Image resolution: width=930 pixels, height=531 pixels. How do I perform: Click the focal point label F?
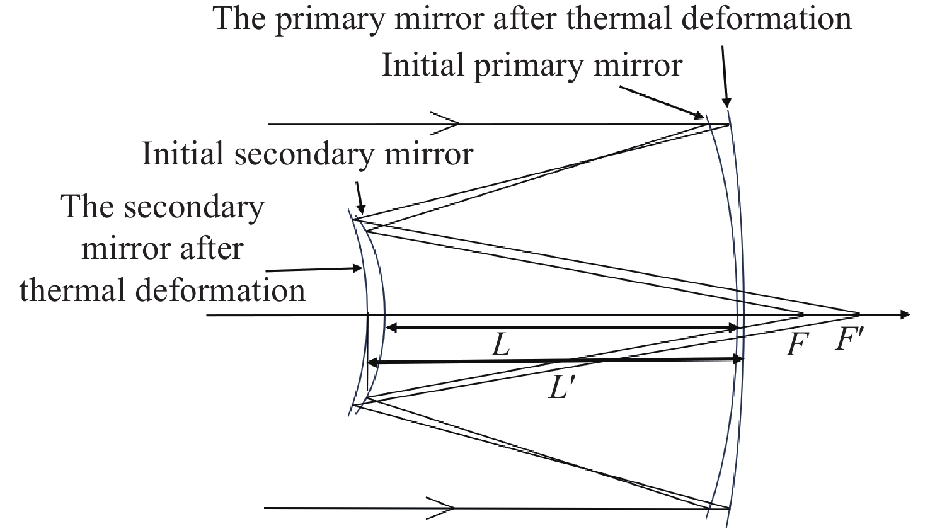pyautogui.click(x=796, y=345)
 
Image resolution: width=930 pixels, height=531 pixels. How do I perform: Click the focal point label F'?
pyautogui.click(x=849, y=341)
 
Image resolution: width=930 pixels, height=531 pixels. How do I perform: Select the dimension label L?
pyautogui.click(x=500, y=345)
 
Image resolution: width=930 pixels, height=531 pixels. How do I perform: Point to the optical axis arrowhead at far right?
pyautogui.click(x=905, y=314)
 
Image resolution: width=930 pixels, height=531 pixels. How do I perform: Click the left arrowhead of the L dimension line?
pyautogui.click(x=391, y=328)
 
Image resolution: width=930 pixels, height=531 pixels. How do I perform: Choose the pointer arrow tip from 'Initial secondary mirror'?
pyautogui.click(x=360, y=213)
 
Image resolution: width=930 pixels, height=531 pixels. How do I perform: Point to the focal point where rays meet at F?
pyautogui.click(x=803, y=313)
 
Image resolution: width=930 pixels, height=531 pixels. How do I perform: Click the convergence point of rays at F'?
pyautogui.click(x=858, y=313)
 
